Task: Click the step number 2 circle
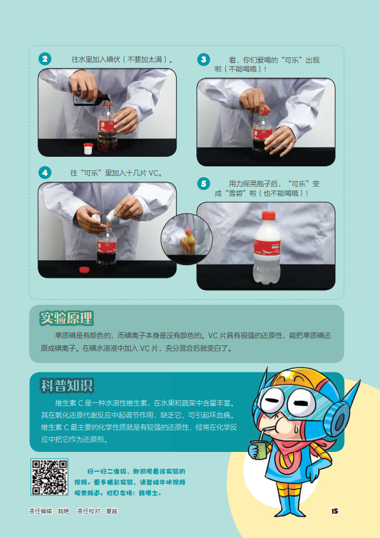45,59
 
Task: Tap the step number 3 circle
203,59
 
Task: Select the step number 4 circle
45,173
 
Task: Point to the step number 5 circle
203,184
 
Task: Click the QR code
50,477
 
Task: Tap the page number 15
335,511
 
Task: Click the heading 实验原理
66,318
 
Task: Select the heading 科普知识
67,385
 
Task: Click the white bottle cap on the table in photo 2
88,149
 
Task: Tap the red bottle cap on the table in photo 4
84,270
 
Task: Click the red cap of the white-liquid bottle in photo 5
268,215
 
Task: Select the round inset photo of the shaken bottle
187,239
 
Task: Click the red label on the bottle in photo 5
267,247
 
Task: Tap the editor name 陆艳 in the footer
64,511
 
